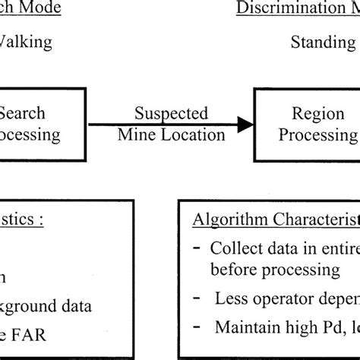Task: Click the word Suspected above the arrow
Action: coord(171,113)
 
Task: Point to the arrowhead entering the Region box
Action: coord(245,124)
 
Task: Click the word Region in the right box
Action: coord(308,113)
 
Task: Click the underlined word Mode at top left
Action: coord(33,8)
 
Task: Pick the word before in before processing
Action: coord(232,270)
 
